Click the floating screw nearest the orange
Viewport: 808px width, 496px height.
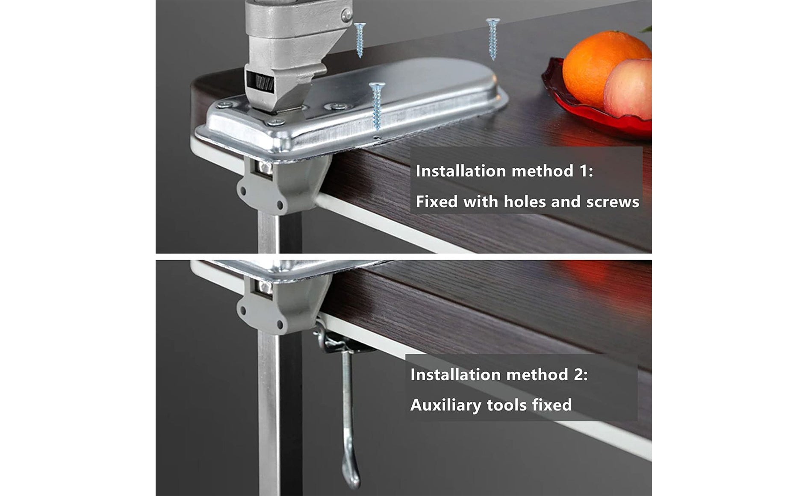(x=493, y=38)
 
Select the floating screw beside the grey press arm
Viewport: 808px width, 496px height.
(x=360, y=40)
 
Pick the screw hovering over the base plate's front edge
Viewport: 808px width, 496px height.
(x=377, y=105)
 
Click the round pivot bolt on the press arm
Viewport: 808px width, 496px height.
(x=346, y=15)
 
